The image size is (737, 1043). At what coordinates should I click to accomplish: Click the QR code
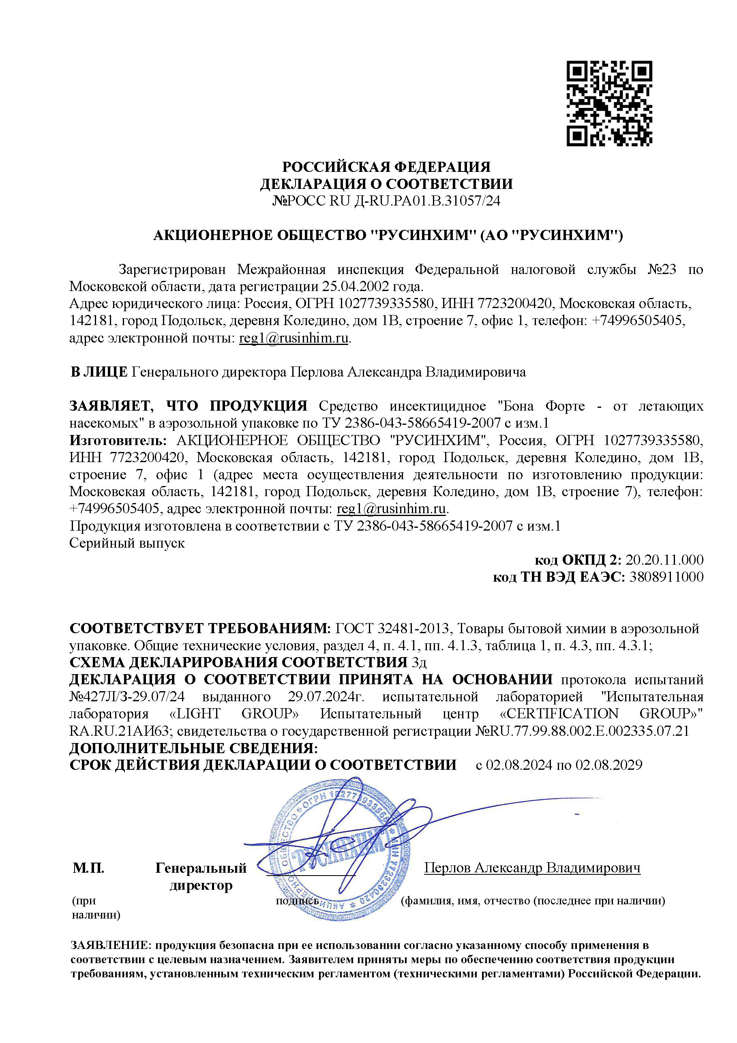pyautogui.click(x=609, y=104)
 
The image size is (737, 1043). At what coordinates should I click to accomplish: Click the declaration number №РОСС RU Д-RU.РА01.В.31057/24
pyautogui.click(x=386, y=201)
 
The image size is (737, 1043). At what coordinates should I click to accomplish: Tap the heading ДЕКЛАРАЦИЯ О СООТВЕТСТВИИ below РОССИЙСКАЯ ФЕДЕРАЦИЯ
pyautogui.click(x=386, y=184)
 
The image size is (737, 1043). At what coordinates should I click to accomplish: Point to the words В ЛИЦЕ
pyautogui.click(x=99, y=372)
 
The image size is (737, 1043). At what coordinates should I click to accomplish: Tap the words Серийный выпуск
pyautogui.click(x=127, y=543)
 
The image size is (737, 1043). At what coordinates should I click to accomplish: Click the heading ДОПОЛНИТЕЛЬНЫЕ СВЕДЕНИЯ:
pyautogui.click(x=193, y=748)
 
